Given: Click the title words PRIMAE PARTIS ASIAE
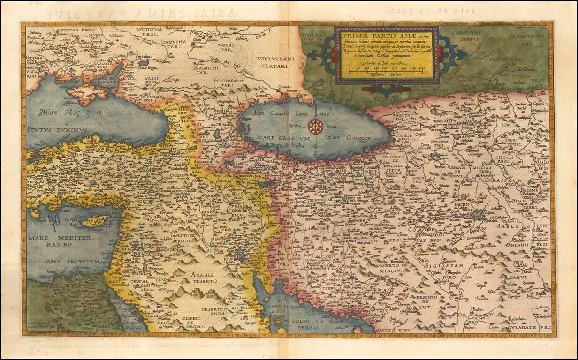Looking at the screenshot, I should [371, 33].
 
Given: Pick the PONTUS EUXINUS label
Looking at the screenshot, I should [57, 129].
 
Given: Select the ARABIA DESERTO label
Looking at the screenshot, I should [203, 277].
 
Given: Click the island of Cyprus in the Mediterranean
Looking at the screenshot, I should [97, 221].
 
